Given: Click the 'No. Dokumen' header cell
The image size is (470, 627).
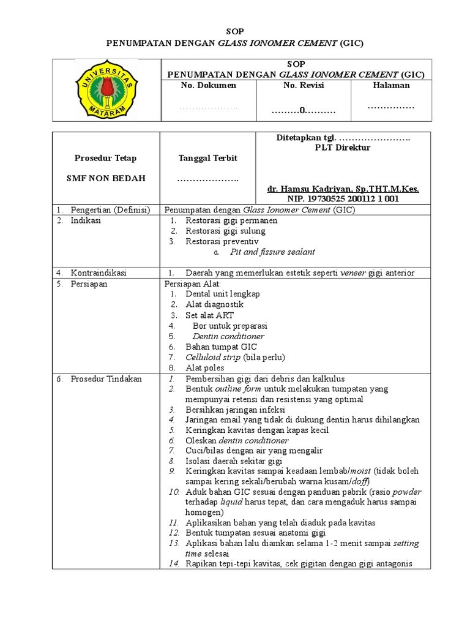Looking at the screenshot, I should coord(208,86).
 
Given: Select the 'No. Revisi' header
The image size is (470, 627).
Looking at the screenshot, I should coord(304,86).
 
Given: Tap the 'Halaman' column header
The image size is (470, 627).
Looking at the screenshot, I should coord(391,86).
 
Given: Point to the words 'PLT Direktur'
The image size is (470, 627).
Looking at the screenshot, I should coord(343,148).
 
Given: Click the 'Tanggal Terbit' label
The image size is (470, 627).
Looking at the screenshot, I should coord(207,158).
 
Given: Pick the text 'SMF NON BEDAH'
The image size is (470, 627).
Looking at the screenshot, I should coord(105,179).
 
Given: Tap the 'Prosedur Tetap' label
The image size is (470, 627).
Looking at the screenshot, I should coord(105,158).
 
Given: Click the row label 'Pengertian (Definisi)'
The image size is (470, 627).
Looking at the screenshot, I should coord(110,210).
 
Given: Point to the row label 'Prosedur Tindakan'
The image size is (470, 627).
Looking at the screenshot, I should coord(106,378).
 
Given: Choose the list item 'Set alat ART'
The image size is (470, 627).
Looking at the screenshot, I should coord(210,315).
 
